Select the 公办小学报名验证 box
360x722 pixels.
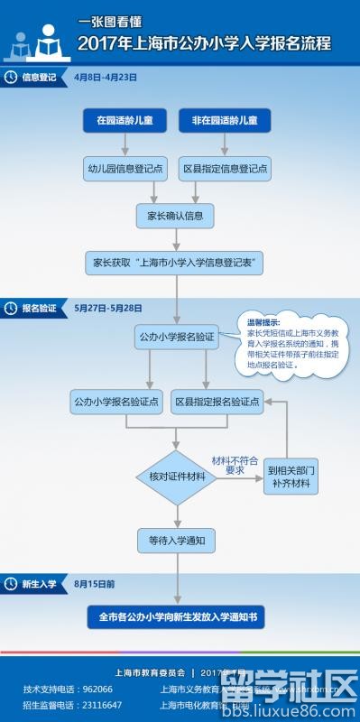coord(177,337)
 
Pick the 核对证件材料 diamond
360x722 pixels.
coord(177,476)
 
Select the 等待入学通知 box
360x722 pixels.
coord(177,541)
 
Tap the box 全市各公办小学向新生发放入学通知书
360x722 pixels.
coord(177,618)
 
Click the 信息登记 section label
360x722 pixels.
coord(39,78)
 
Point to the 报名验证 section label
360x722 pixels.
coord(39,308)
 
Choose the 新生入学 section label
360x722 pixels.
coord(39,584)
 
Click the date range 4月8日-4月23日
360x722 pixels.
coord(106,78)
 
